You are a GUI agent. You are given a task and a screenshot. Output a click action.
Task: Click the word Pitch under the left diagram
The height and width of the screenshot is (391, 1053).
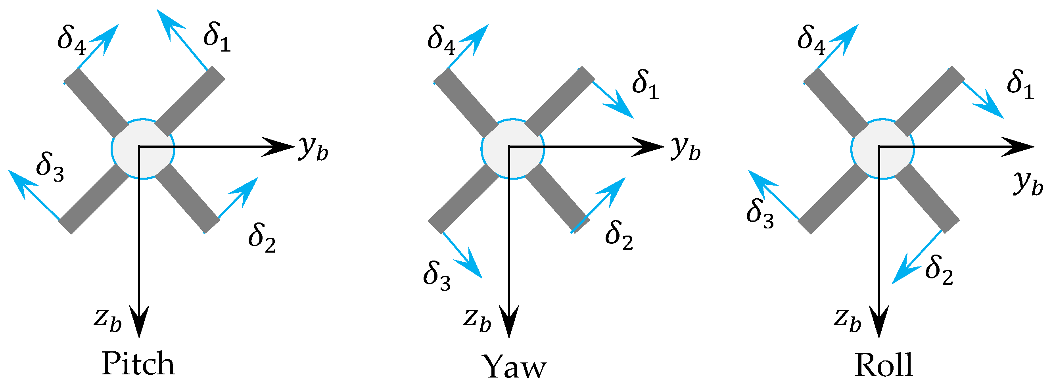click(138, 363)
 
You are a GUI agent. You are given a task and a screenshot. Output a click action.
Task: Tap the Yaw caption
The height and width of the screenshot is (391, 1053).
click(515, 366)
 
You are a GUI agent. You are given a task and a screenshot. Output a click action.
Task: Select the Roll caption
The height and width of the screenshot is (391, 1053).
click(884, 365)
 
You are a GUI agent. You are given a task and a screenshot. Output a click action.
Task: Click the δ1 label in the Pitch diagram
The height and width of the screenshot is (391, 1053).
click(217, 37)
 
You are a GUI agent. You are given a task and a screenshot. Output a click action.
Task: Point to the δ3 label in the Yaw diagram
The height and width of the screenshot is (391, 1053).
click(437, 276)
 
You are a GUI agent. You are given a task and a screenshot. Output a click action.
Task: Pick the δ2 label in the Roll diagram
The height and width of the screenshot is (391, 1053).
click(939, 270)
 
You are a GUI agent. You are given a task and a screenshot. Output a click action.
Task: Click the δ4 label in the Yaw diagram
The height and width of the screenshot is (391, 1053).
click(441, 40)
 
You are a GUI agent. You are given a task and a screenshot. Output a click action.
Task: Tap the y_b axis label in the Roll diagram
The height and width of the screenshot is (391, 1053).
click(1028, 184)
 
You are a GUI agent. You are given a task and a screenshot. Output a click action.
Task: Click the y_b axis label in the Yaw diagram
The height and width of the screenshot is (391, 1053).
click(685, 148)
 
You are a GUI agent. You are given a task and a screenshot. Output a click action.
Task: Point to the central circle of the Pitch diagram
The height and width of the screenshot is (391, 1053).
click(143, 149)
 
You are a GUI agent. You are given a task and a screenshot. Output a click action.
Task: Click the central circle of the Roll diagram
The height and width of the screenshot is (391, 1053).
click(882, 149)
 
